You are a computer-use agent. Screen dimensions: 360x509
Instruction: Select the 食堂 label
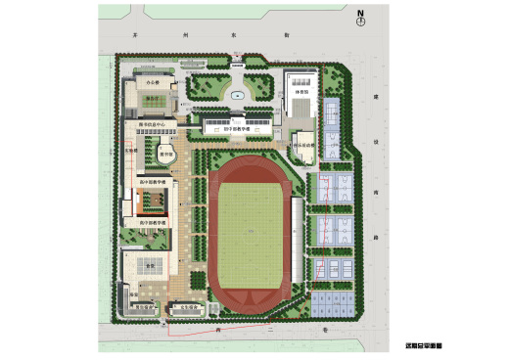point(150,264)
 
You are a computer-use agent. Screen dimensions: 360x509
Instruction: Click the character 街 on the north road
point(287,34)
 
